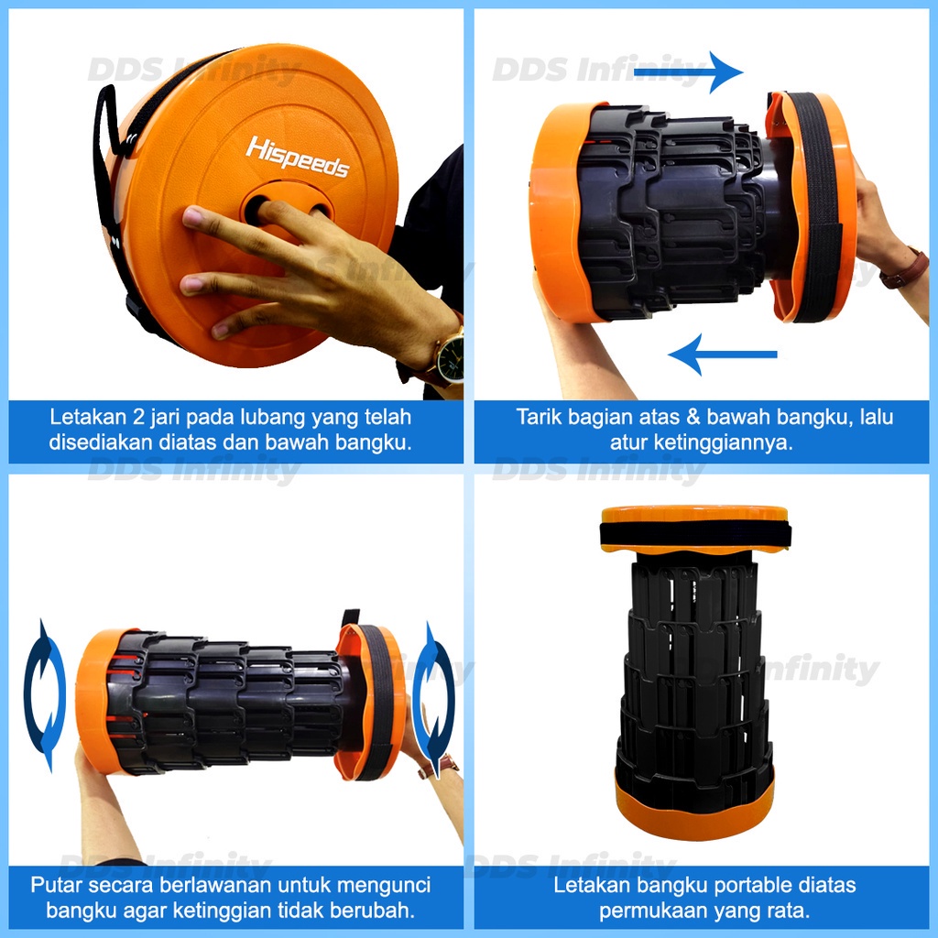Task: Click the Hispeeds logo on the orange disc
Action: (x=298, y=158)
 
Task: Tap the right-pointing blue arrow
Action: (x=688, y=72)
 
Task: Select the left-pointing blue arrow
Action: (x=722, y=354)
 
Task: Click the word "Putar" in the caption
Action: (x=56, y=886)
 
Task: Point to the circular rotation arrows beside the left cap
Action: (x=45, y=695)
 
